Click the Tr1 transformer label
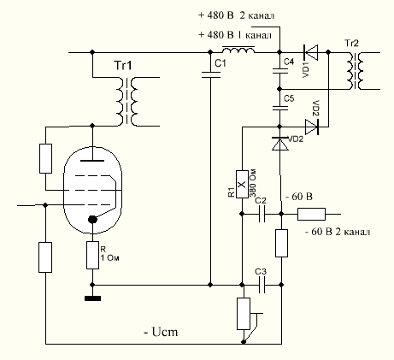coord(123,66)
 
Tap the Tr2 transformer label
coord(351,44)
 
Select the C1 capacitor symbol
coord(210,75)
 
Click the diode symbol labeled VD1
coord(310,52)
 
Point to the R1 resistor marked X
coord(242,184)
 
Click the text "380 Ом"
coord(253,183)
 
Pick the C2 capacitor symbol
coord(262,214)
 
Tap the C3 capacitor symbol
coord(262,285)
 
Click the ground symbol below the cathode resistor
coord(92,298)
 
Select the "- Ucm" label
coord(162,332)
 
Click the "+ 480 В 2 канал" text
coord(236,15)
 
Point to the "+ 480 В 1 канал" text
coord(235,35)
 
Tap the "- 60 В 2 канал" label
coord(338,232)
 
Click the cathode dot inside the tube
coord(92,219)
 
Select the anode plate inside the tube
coord(92,161)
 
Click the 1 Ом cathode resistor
coord(92,255)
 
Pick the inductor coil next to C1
coord(238,50)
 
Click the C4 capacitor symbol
coord(280,71)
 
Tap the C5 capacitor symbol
coord(280,108)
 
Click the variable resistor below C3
coord(244,314)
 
